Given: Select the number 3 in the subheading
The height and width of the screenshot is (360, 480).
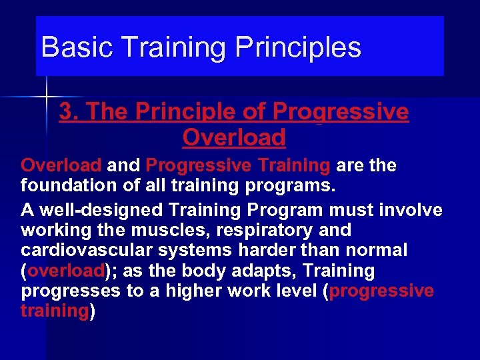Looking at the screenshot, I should tap(65, 112).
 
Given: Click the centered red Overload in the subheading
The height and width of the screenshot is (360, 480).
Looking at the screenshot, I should tap(233, 137).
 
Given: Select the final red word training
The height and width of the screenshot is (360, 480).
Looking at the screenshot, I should tap(55, 311).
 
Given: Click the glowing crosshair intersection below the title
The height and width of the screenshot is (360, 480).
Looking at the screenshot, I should tap(47, 97).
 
